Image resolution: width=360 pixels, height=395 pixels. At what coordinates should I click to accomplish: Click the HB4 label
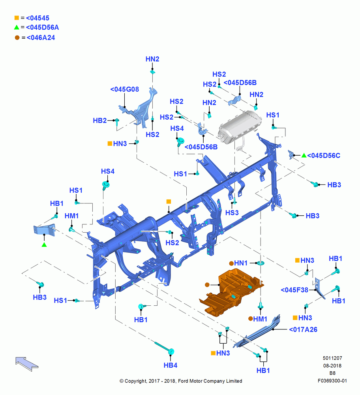click(171, 365)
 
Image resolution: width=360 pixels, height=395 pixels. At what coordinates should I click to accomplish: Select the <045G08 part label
click(125, 89)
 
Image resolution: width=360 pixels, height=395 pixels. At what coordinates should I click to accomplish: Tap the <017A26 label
click(303, 329)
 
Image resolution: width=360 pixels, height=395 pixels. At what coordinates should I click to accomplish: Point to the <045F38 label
click(294, 290)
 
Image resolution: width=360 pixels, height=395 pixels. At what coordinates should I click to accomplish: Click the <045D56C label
click(324, 156)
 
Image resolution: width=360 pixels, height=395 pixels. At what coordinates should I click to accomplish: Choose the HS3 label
click(232, 213)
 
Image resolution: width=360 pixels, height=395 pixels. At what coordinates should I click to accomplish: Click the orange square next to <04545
click(17, 18)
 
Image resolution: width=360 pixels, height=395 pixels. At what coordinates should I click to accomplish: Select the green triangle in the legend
click(17, 27)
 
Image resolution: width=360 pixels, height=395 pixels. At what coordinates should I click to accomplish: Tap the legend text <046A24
click(41, 38)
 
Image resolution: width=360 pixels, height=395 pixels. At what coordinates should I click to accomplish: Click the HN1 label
click(241, 263)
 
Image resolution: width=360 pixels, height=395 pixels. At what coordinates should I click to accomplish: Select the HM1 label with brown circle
click(257, 319)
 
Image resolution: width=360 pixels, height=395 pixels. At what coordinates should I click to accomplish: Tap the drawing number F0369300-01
click(332, 381)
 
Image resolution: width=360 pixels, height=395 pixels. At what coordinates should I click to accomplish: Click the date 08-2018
click(332, 366)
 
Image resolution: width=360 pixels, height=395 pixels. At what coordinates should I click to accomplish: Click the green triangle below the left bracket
click(44, 245)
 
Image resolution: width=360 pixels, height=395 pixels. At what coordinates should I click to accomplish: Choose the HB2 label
click(100, 120)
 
